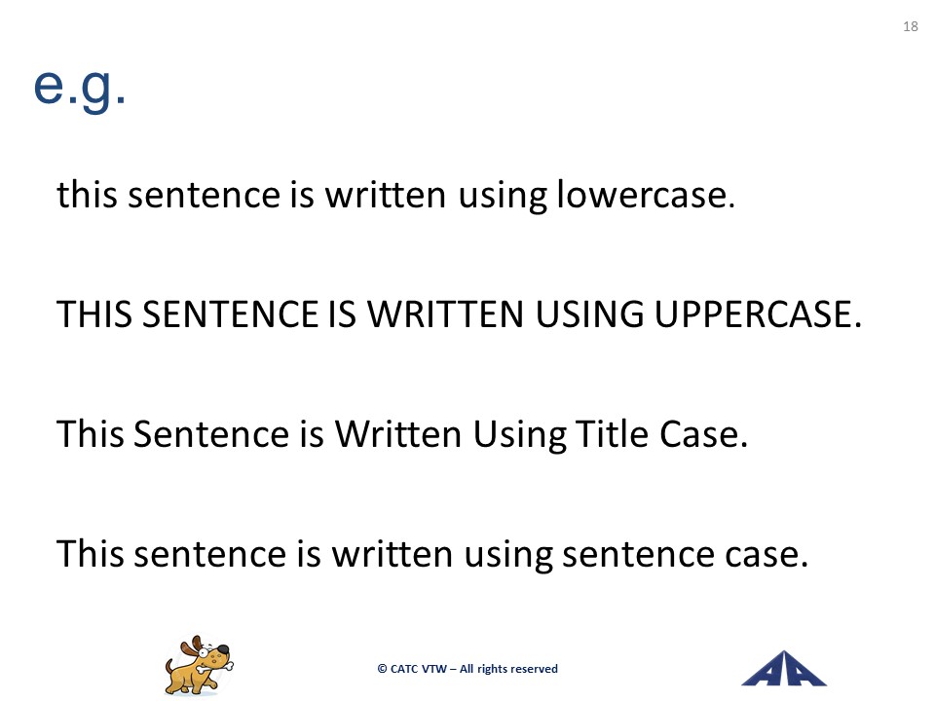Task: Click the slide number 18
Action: (911, 26)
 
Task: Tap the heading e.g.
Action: (79, 87)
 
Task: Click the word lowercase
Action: (646, 195)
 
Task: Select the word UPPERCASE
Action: (758, 314)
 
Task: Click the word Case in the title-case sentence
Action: (703, 433)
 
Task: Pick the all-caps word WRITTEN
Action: (445, 314)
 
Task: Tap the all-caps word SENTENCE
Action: (231, 314)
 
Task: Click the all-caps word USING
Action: (590, 314)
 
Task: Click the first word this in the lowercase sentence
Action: (87, 195)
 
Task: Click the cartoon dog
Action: (199, 665)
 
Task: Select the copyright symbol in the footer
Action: (382, 669)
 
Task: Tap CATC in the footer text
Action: (404, 669)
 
